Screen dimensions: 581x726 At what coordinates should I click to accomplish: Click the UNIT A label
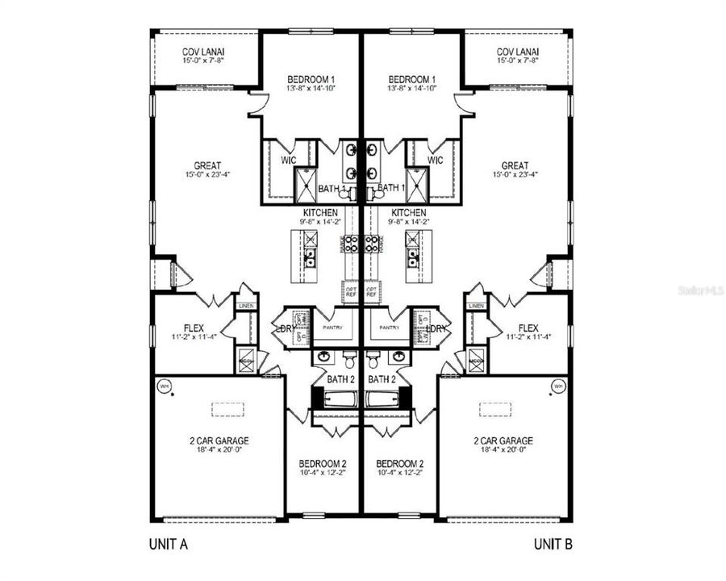pos(168,545)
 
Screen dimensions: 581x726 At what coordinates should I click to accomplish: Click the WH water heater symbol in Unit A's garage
pos(164,386)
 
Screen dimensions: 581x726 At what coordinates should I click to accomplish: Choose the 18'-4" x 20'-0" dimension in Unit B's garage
pos(503,449)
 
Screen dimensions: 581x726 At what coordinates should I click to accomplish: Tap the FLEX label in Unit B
pos(528,328)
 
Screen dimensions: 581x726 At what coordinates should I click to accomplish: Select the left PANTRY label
pos(332,328)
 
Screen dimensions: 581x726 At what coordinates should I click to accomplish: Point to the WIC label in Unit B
pos(436,161)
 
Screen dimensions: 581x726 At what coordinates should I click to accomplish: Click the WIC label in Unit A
pos(288,161)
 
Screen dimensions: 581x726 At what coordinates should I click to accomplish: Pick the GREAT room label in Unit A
pos(207,166)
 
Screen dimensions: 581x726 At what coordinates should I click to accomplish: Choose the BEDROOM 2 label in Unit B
pos(401,464)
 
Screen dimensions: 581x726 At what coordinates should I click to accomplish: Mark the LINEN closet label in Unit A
pos(247,306)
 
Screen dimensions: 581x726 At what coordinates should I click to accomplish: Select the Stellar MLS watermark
pos(702,286)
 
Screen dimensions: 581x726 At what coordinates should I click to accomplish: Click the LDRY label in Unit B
pos(436,328)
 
